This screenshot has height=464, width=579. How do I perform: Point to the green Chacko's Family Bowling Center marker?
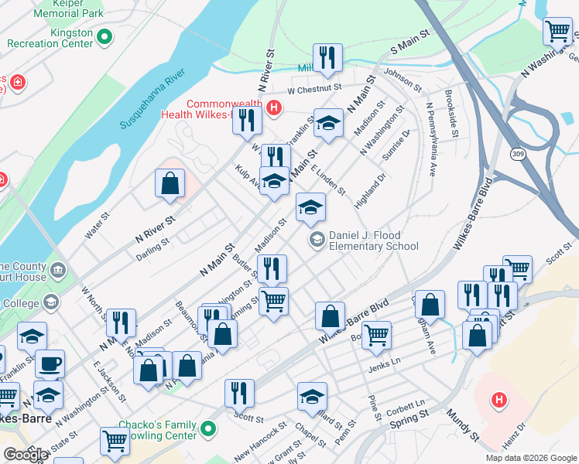(x=207, y=428)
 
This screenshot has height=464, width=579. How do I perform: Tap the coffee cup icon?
(x=50, y=363)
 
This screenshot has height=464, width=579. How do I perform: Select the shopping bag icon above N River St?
(x=170, y=183)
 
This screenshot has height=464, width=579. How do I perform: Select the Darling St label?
(x=152, y=248)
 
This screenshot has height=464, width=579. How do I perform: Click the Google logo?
(x=26, y=454)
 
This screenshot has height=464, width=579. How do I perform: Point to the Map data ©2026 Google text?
(x=530, y=458)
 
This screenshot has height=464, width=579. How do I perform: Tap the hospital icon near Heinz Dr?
(x=500, y=400)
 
